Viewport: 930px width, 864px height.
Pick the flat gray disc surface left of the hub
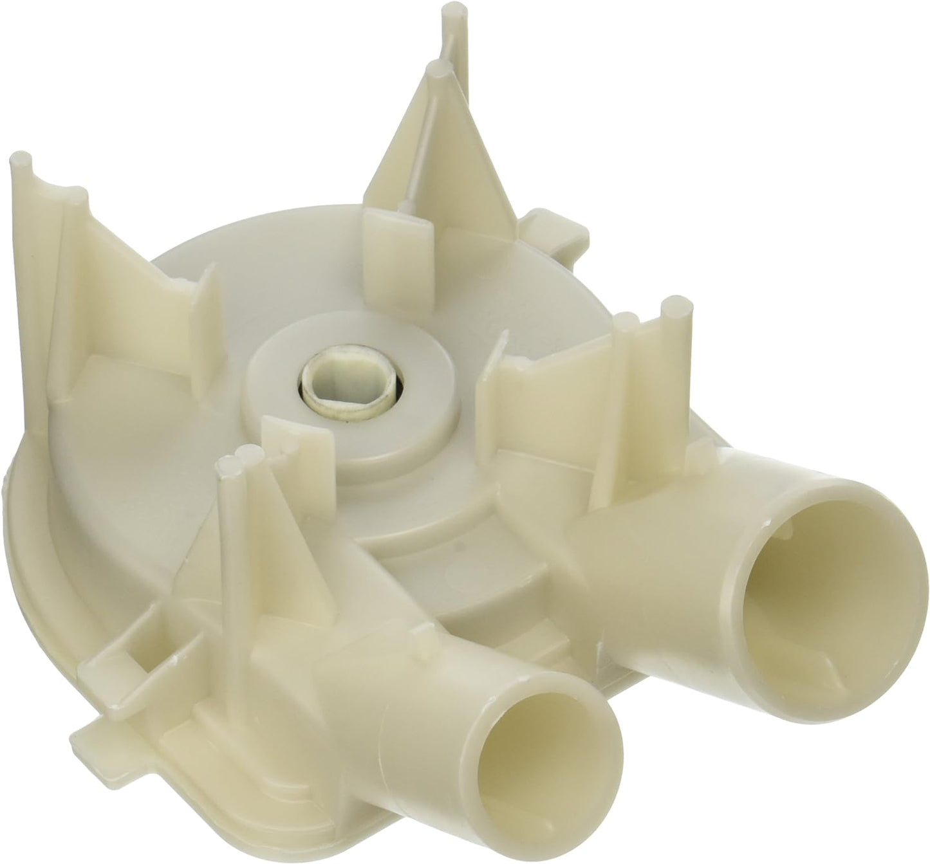click(193, 386)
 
